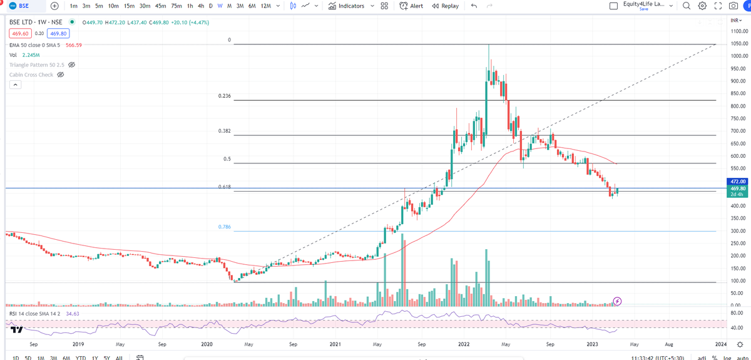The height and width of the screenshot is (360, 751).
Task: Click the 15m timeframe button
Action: click(x=129, y=6)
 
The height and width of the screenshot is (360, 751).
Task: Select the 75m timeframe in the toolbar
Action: click(x=176, y=6)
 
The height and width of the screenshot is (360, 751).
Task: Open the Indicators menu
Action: click(x=346, y=6)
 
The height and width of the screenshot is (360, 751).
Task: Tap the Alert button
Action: click(x=412, y=6)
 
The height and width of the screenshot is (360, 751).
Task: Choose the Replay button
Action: click(x=445, y=6)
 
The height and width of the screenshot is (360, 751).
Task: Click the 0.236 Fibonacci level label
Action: click(x=225, y=96)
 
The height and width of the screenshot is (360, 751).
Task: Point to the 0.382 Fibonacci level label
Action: click(x=225, y=131)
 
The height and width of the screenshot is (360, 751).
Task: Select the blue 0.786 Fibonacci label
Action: click(x=225, y=227)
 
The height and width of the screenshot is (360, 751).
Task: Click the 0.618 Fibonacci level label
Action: click(x=225, y=187)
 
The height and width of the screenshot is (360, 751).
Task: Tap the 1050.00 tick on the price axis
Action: click(x=738, y=44)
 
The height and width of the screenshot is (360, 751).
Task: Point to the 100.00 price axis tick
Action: click(x=738, y=281)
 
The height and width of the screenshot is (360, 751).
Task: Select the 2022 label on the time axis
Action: click(x=464, y=344)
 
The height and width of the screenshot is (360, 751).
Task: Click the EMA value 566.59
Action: click(x=74, y=45)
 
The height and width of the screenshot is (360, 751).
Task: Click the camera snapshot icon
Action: click(x=732, y=6)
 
